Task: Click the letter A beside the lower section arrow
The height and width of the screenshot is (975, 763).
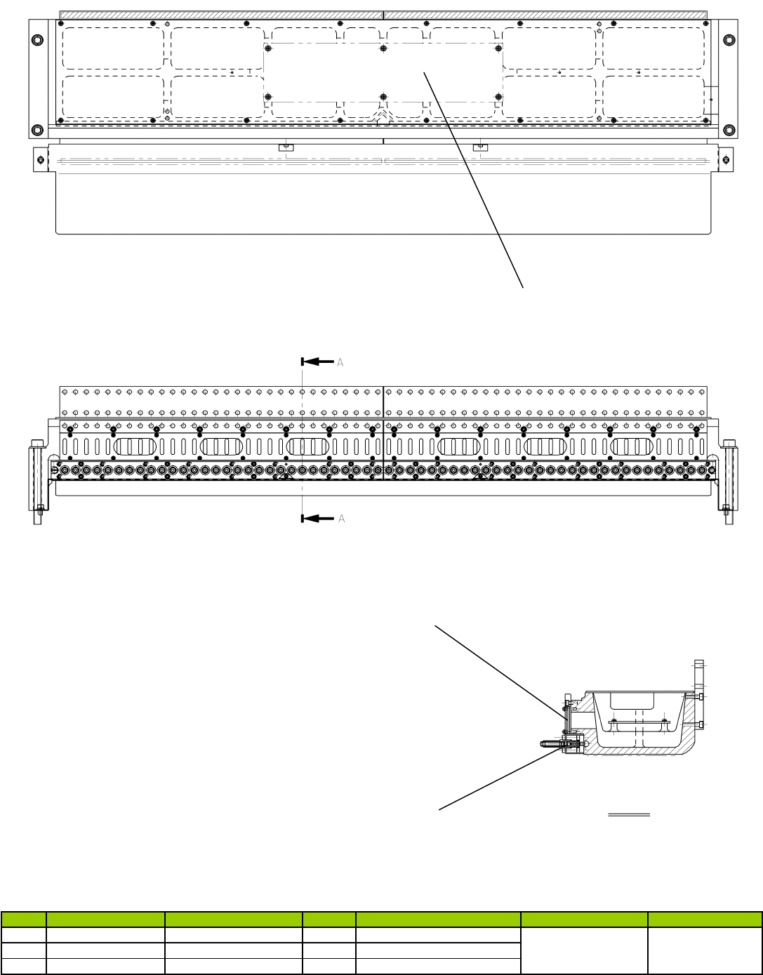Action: click(x=342, y=519)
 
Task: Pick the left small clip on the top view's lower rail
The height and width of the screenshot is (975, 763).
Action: click(x=285, y=147)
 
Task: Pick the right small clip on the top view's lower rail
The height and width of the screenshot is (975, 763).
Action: click(x=480, y=147)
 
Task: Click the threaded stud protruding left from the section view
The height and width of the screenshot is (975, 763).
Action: click(x=551, y=743)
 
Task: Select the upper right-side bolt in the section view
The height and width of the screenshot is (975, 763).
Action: click(x=701, y=696)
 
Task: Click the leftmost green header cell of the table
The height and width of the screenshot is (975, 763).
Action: click(x=24, y=919)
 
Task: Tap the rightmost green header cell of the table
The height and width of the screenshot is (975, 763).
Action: click(x=705, y=919)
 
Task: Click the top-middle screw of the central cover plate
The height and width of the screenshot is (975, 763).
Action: click(x=383, y=48)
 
